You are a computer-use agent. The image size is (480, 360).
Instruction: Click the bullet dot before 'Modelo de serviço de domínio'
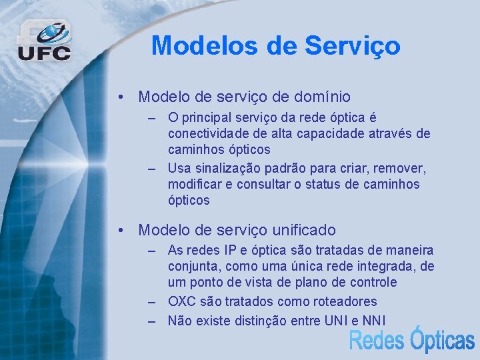120,97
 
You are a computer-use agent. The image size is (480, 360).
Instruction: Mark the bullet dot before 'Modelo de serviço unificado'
120,231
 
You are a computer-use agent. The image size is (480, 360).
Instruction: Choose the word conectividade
208,133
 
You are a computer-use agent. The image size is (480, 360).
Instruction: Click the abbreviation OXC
182,301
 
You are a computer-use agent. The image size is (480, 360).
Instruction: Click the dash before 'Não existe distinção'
153,321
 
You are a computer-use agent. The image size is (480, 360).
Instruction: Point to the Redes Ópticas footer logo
411,340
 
